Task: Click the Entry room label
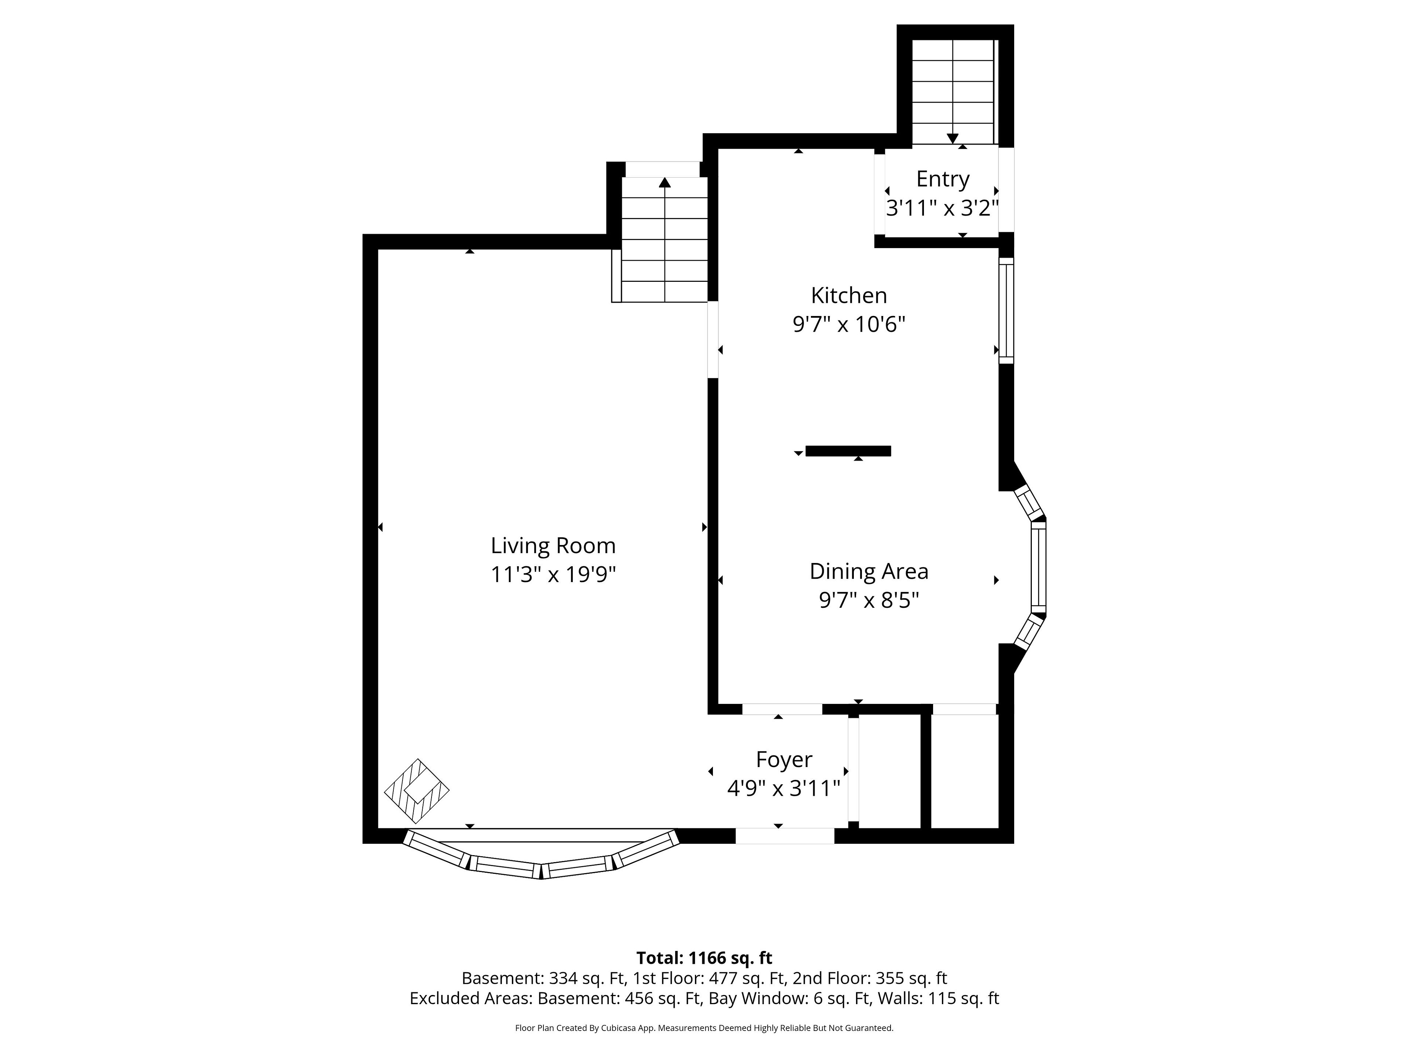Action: tap(943, 179)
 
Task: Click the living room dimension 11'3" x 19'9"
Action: tap(553, 575)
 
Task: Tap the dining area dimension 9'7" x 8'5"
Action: tap(869, 600)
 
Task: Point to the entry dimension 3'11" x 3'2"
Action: tap(943, 208)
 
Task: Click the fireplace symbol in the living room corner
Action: tap(416, 791)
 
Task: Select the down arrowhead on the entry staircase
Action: tap(952, 138)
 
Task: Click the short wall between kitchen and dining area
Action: tap(848, 451)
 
